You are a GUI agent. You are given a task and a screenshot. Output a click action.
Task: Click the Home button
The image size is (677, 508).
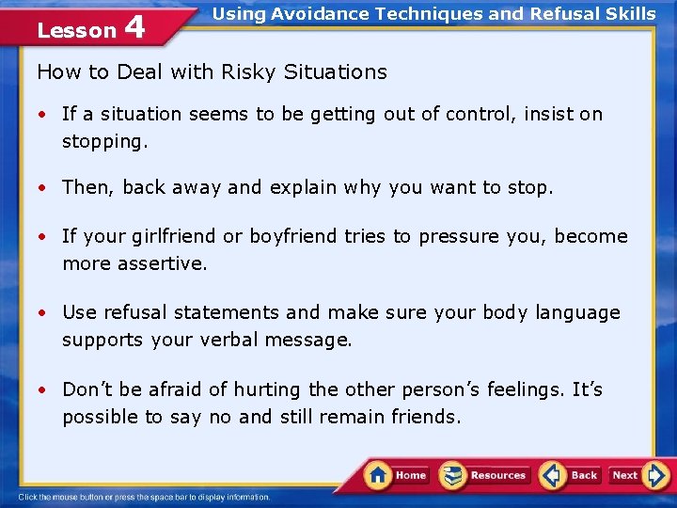tap(397, 475)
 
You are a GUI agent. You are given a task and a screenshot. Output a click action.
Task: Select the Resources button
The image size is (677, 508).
tap(485, 475)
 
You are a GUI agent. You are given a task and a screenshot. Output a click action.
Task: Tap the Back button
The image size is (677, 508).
tap(571, 475)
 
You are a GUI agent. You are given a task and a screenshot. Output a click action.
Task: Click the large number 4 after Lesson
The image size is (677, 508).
tap(134, 27)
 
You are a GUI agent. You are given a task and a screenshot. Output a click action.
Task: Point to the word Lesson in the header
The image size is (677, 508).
tap(76, 30)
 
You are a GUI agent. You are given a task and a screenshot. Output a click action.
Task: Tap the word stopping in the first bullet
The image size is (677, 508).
tap(104, 142)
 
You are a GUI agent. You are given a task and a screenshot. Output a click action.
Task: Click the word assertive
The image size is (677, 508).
tap(162, 263)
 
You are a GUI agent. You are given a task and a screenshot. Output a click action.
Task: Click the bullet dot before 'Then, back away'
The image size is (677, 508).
tap(43, 188)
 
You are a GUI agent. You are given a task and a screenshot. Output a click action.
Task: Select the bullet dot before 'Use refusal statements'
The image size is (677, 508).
tap(43, 312)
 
